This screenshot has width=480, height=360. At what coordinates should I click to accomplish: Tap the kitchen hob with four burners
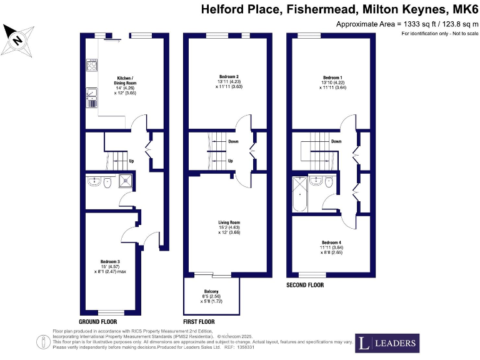click(x=92, y=65)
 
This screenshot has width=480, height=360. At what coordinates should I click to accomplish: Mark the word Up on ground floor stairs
click(x=131, y=161)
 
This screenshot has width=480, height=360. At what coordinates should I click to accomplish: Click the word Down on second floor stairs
click(x=336, y=141)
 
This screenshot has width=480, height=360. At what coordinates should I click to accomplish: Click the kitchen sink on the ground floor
click(x=92, y=94)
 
